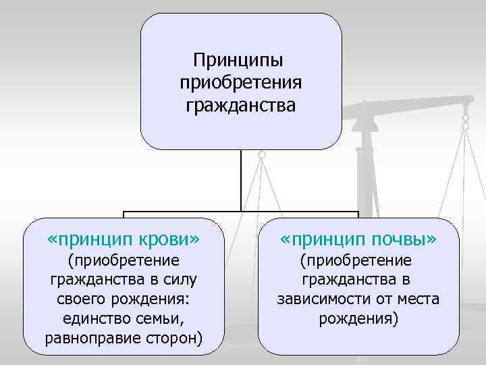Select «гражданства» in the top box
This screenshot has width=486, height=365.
click(x=241, y=105)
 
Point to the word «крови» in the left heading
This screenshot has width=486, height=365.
click(x=167, y=239)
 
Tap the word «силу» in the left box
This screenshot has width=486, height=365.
click(x=181, y=280)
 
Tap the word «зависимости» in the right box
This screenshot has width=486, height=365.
click(x=320, y=299)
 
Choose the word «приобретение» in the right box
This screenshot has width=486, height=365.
click(x=358, y=260)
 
